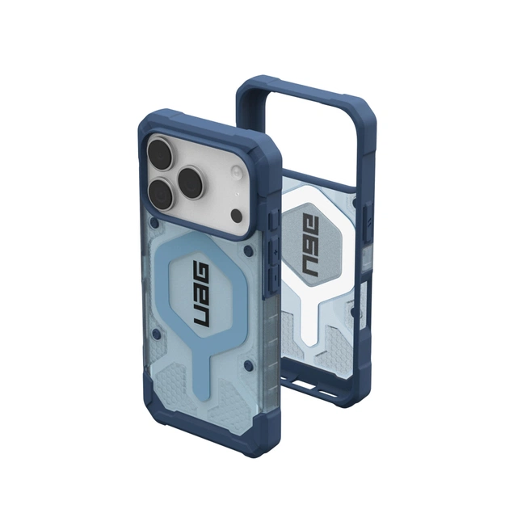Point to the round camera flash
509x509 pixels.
[x=238, y=172]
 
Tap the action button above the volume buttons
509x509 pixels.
[x=271, y=219]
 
